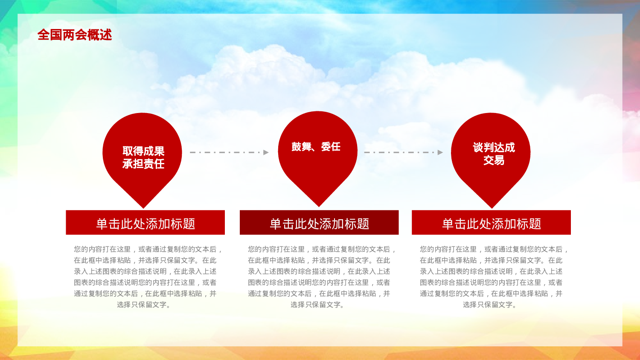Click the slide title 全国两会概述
click(x=75, y=35)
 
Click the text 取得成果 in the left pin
click(x=143, y=151)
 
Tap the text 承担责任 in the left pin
click(x=143, y=164)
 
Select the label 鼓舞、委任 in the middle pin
click(x=316, y=147)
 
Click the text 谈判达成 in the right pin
click(x=494, y=148)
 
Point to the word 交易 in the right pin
click(x=494, y=160)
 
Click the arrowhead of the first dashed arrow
click(x=266, y=152)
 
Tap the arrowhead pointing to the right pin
click(x=440, y=152)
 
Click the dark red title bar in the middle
click(x=319, y=223)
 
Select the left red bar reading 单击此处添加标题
click(x=145, y=223)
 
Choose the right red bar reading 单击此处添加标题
click(x=491, y=223)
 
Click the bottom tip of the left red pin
click(x=144, y=207)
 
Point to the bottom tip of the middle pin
click(x=318, y=206)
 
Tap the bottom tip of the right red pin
click(x=492, y=207)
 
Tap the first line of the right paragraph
click(x=493, y=249)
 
